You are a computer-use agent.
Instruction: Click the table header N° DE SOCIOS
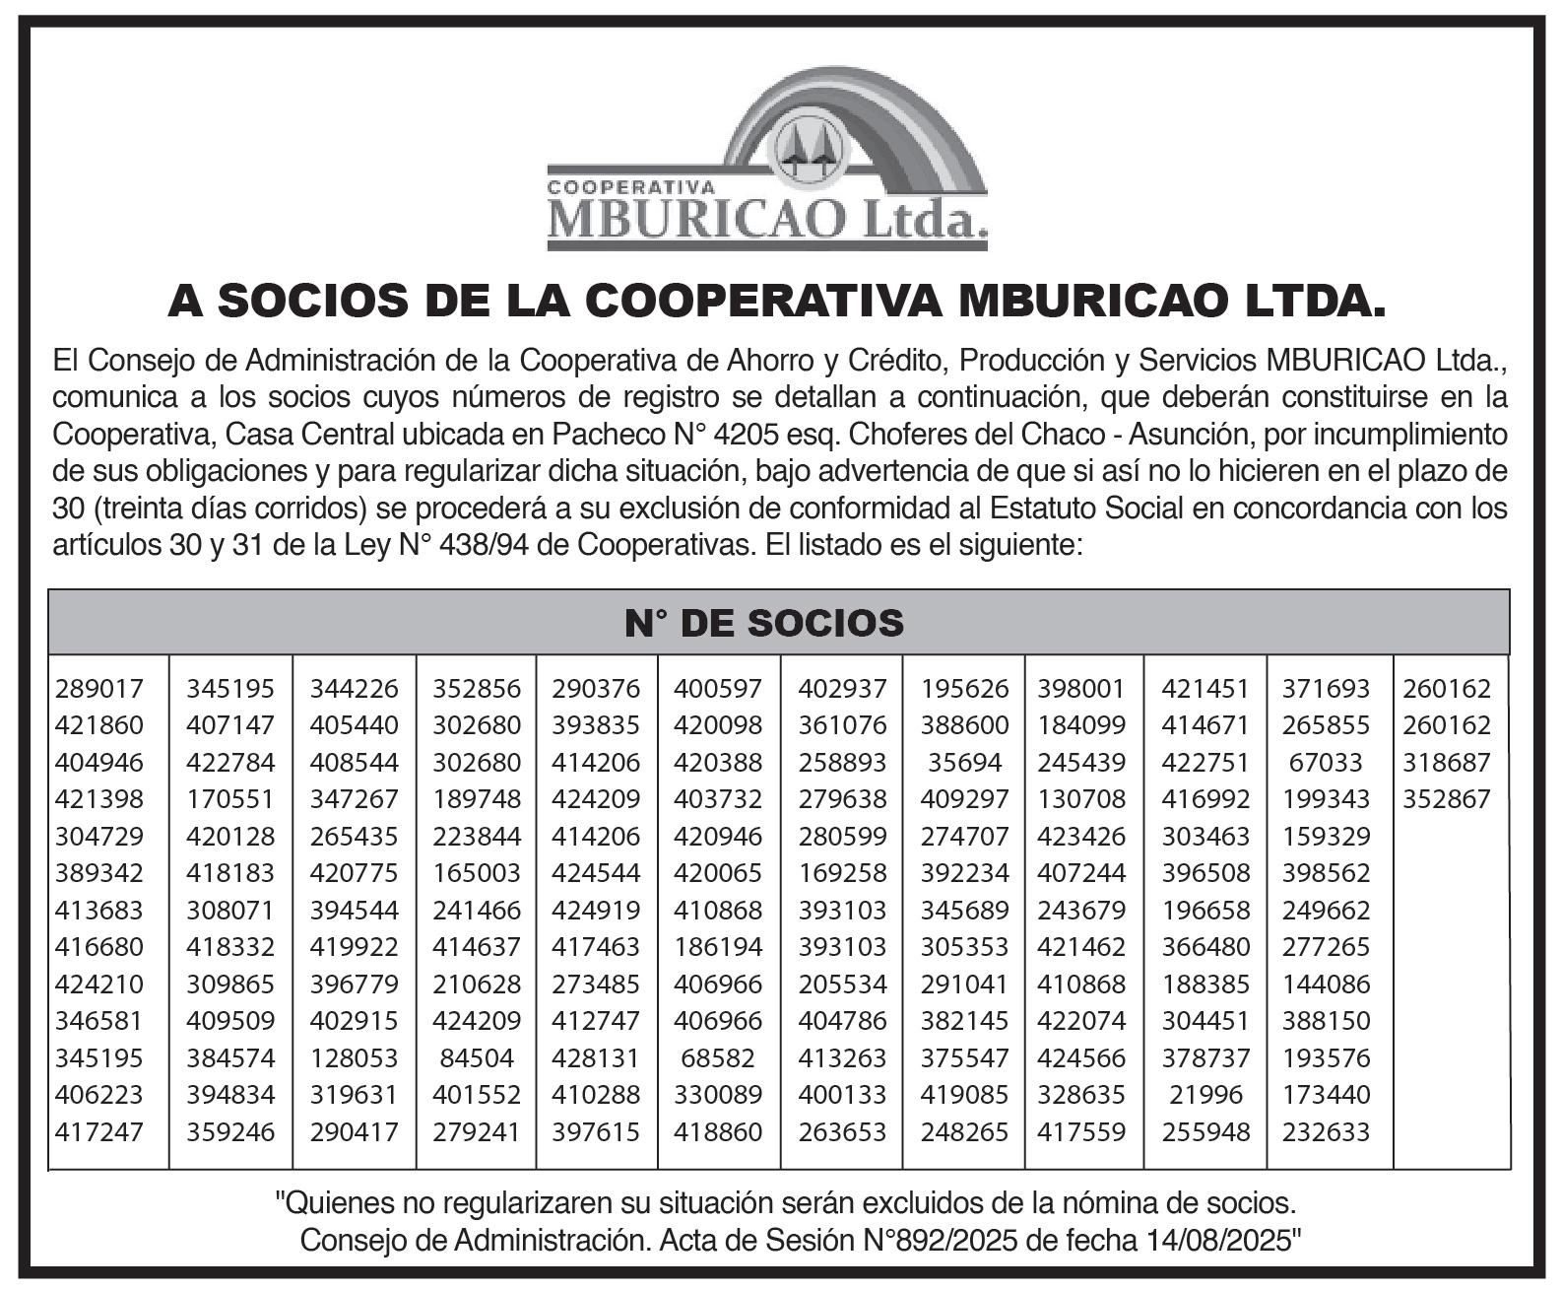(765, 623)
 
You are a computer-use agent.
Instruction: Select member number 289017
(99, 689)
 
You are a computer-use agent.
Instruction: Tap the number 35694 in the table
(965, 763)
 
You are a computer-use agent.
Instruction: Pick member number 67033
(1326, 763)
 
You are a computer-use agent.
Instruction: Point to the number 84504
(477, 1058)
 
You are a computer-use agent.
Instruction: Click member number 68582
(718, 1058)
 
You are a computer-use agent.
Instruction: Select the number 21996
(1206, 1095)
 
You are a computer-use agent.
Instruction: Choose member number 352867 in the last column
(1447, 799)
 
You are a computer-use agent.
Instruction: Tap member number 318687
(1447, 763)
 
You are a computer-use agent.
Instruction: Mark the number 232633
(1326, 1132)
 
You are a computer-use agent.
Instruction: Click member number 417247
(99, 1132)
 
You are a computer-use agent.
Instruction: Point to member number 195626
(965, 689)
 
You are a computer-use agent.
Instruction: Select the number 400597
(718, 689)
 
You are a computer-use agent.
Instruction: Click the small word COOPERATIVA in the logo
(630, 185)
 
